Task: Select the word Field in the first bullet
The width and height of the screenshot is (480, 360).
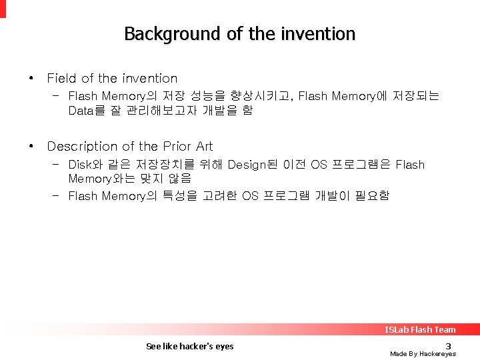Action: (61, 79)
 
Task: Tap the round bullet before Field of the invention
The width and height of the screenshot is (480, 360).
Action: (31, 78)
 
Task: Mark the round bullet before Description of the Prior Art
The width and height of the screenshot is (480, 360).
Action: (31, 145)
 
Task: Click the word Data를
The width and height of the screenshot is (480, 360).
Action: (87, 111)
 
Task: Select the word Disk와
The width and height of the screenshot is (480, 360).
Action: (84, 165)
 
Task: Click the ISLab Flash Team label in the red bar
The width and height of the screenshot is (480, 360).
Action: (420, 329)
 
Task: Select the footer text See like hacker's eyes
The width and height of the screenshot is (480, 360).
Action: (189, 346)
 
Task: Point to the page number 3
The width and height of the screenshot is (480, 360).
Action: (448, 345)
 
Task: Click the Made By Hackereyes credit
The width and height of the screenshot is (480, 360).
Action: (423, 354)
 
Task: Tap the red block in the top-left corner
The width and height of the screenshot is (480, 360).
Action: (3, 8)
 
